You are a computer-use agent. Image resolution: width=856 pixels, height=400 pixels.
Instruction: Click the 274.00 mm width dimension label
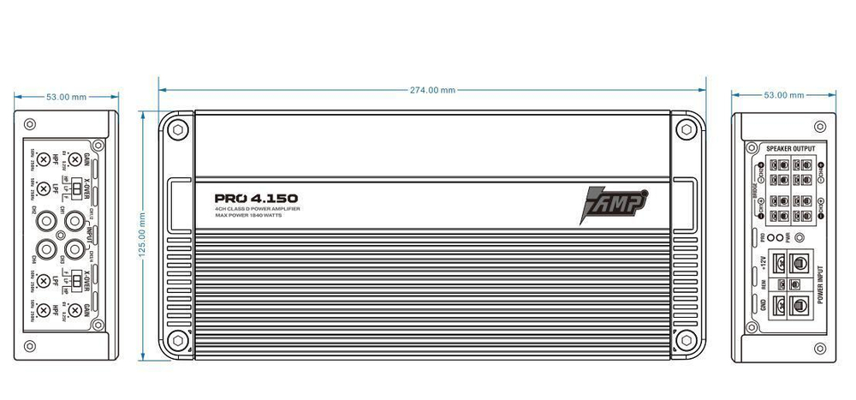click(x=431, y=90)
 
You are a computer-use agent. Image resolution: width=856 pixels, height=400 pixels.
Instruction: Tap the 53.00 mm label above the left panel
click(x=67, y=97)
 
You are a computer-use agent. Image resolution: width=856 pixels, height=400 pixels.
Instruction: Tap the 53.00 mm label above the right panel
click(x=783, y=95)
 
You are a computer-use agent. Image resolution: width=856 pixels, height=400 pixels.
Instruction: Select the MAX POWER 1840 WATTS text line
click(x=248, y=216)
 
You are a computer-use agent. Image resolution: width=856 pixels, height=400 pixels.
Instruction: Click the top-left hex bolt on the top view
click(x=178, y=130)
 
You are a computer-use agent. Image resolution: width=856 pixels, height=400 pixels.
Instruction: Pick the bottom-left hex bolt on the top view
click(x=178, y=339)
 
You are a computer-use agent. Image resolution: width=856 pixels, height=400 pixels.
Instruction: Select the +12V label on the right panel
click(x=761, y=260)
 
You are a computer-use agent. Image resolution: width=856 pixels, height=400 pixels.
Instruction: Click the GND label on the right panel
click(x=762, y=303)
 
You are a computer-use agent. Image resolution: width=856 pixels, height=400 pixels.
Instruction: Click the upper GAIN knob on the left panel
click(x=74, y=159)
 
